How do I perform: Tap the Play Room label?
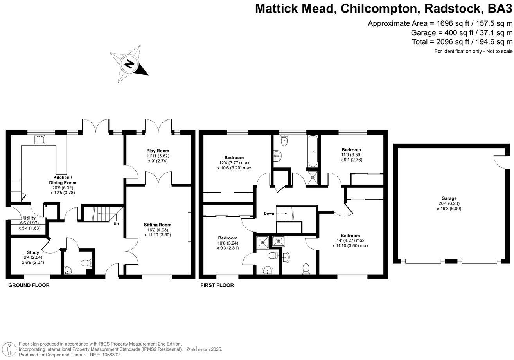tap(158, 151)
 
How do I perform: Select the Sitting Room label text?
tap(158, 225)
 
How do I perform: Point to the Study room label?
tap(33, 252)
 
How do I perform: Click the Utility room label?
tap(29, 218)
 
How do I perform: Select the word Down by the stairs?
tap(269, 214)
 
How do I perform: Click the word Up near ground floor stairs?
tap(116, 224)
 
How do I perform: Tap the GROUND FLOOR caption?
tap(29, 286)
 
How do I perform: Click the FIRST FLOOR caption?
tap(217, 286)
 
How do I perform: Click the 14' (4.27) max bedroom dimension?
tap(350, 241)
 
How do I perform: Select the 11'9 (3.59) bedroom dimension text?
tap(351, 155)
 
